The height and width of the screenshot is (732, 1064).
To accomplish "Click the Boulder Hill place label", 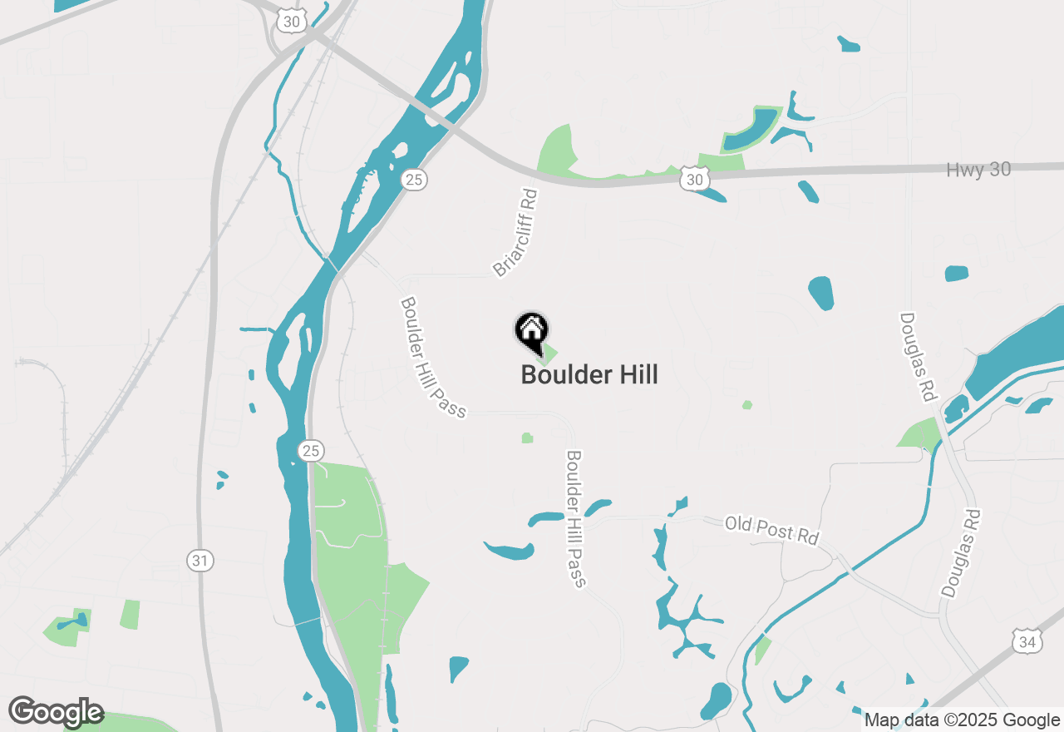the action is point(589,375).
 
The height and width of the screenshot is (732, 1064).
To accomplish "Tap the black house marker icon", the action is point(531,331).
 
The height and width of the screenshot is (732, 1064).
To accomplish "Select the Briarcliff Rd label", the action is point(515,233).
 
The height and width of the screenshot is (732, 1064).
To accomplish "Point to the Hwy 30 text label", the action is point(978,171).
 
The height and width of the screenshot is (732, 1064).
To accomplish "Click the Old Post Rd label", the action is point(772,530).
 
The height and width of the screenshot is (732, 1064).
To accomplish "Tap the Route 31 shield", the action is point(199,561).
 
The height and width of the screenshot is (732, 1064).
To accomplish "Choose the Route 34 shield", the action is point(1027,641).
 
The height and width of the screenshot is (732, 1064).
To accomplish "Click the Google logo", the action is point(56,712).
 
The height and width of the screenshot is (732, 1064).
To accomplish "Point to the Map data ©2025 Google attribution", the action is point(962,720).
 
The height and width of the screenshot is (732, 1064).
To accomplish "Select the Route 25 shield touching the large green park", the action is point(310,451).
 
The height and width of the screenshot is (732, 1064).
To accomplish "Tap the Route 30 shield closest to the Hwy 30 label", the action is point(695,179).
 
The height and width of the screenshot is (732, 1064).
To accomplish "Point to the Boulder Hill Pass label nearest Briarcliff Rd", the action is point(432,357).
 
